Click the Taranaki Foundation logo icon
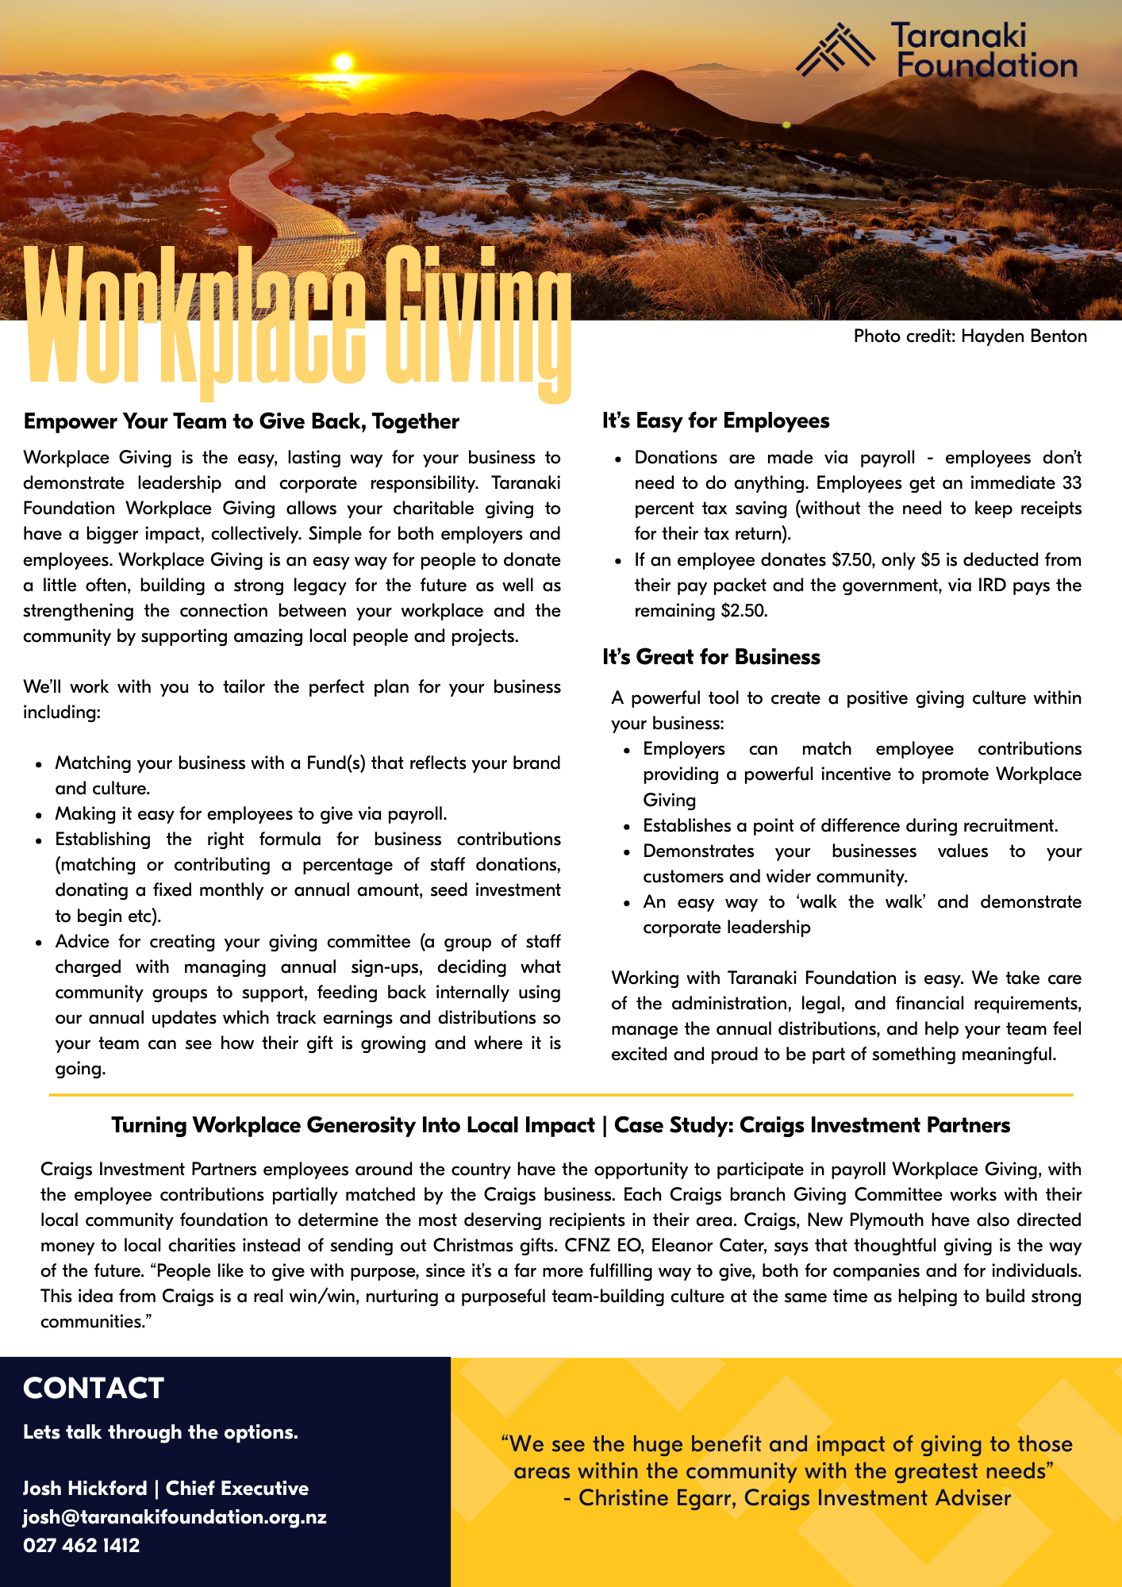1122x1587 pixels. pyautogui.click(x=836, y=49)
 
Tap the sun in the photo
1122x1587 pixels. pyautogui.click(x=343, y=62)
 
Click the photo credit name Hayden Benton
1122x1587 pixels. pyautogui.click(x=1024, y=336)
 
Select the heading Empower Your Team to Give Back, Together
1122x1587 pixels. pyautogui.click(x=241, y=421)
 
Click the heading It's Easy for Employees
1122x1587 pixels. pyautogui.click(x=716, y=421)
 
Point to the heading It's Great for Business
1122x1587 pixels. pyautogui.click(x=711, y=657)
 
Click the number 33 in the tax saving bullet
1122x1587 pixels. pyautogui.click(x=1071, y=483)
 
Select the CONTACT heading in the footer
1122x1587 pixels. pyautogui.click(x=94, y=1389)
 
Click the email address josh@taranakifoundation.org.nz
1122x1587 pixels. pyautogui.click(x=175, y=1517)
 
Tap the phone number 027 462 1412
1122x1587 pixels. pyautogui.click(x=81, y=1546)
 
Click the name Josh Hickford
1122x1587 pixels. pyautogui.click(x=85, y=1489)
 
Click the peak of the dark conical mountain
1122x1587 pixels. pyautogui.click(x=631, y=73)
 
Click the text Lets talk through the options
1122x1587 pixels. pyautogui.click(x=160, y=1432)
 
